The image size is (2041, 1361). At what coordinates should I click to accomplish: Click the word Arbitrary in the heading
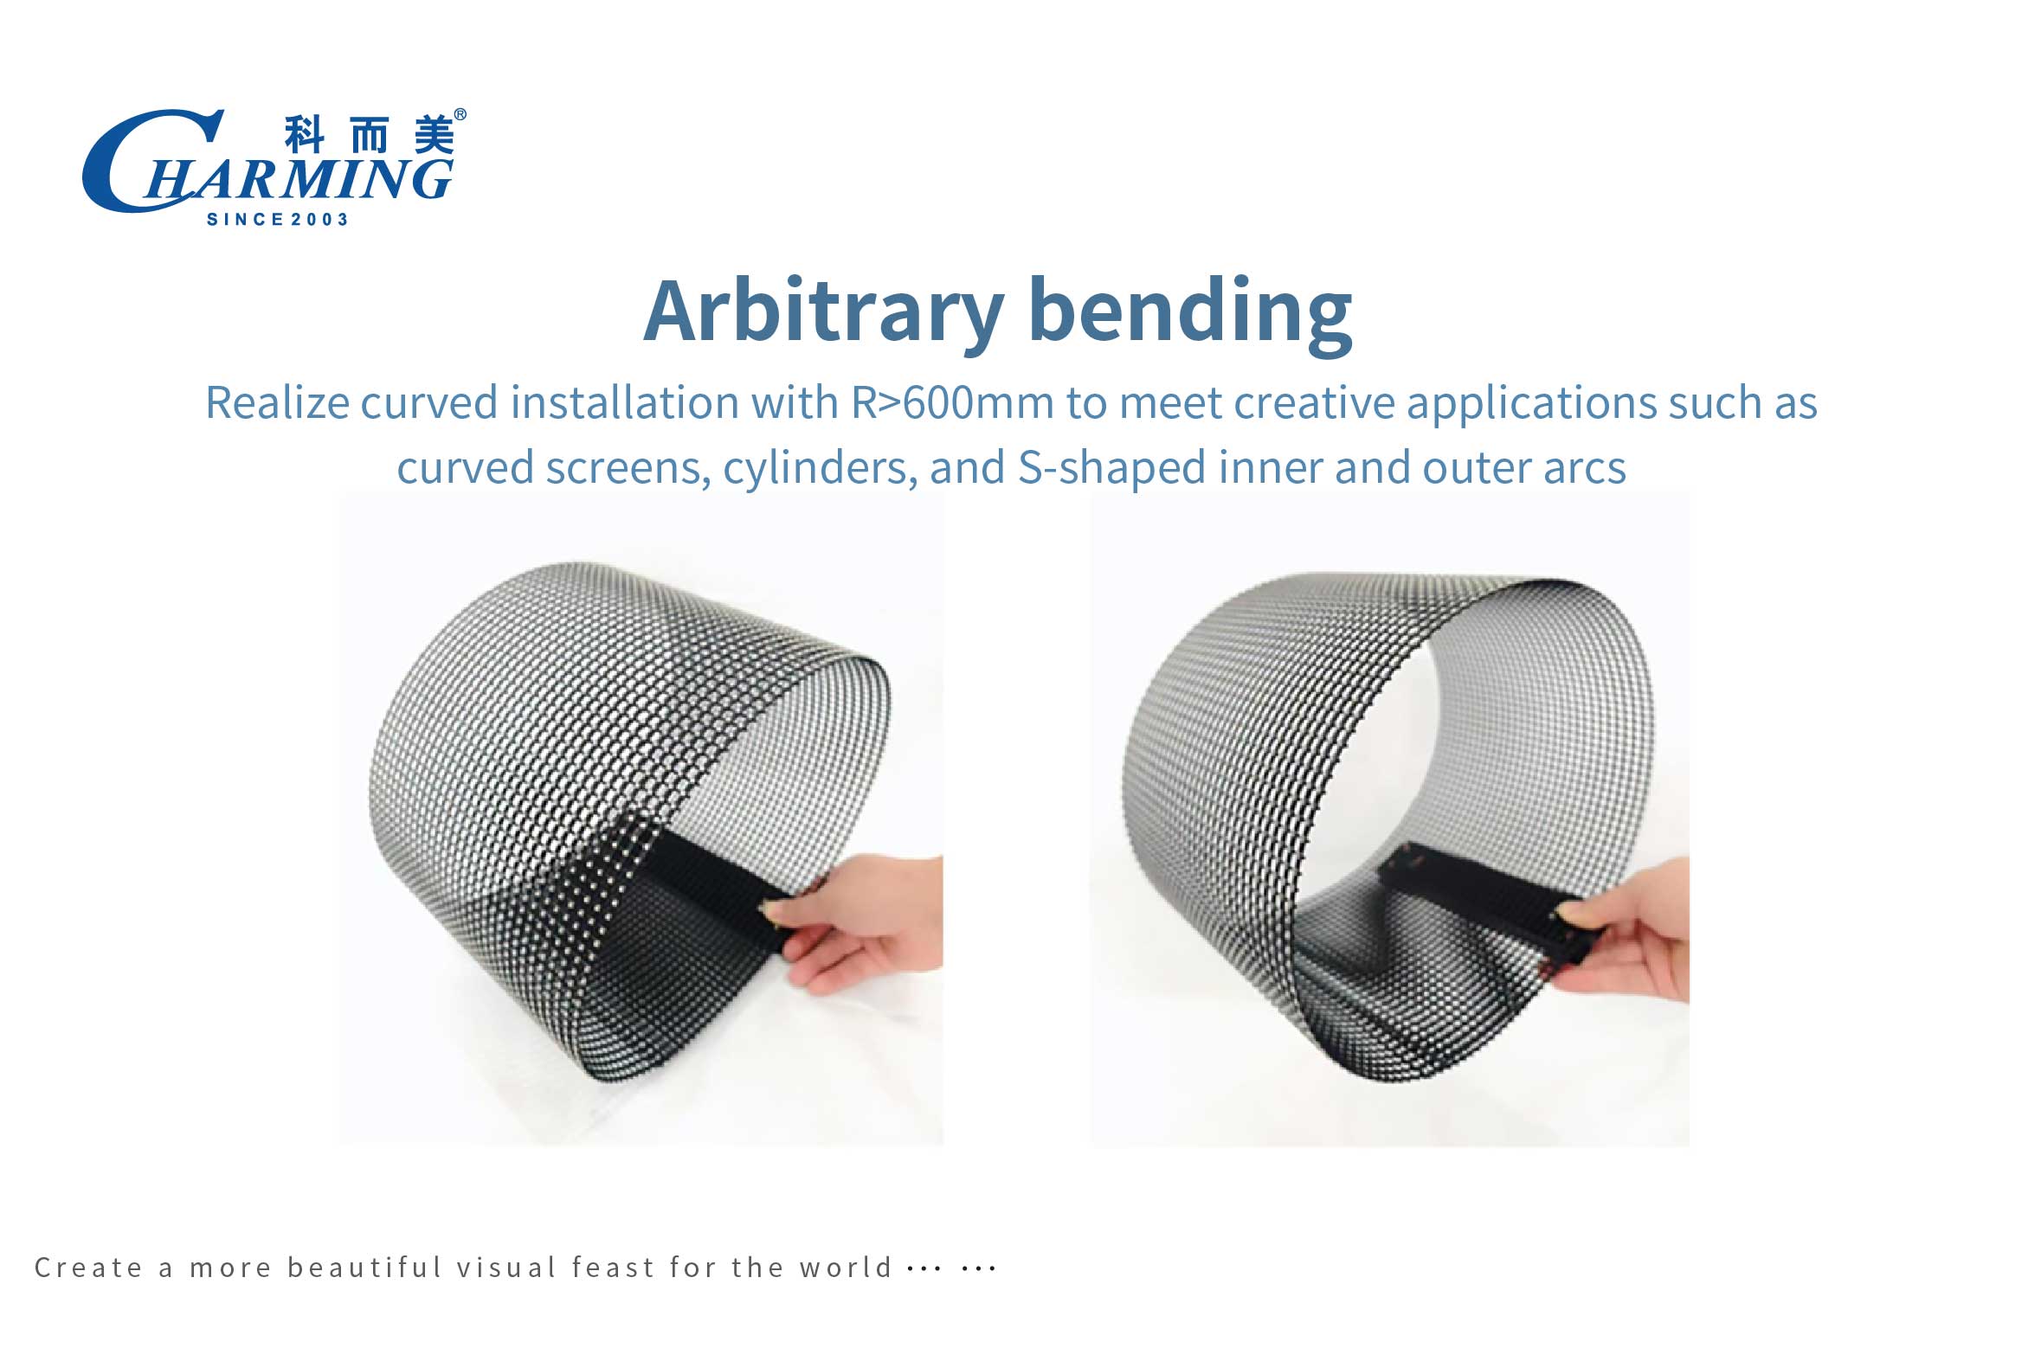tap(824, 311)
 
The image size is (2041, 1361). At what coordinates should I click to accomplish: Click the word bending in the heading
tap(1190, 313)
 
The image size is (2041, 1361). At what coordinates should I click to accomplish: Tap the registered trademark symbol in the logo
tap(460, 114)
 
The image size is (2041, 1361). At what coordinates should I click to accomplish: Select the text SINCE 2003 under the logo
tap(278, 220)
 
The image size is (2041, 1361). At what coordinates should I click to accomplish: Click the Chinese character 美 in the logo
tap(433, 135)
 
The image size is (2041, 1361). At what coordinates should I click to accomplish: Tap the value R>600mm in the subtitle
tap(952, 402)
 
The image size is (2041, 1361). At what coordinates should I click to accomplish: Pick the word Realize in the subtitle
tap(277, 402)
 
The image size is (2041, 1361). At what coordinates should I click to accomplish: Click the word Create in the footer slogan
tap(87, 1268)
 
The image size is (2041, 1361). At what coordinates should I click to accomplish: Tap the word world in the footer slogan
tap(846, 1268)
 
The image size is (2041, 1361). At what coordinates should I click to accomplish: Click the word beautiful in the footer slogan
tap(365, 1268)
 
